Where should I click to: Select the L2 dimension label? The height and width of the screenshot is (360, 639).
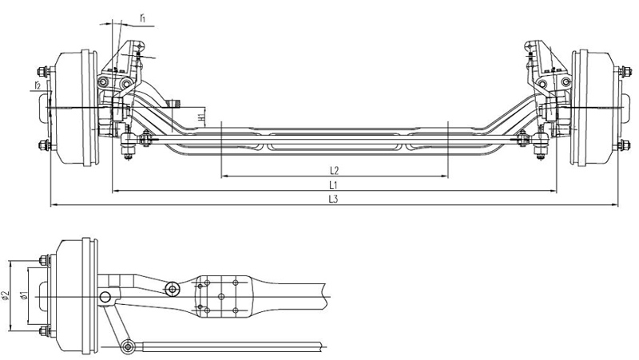pos(334,169)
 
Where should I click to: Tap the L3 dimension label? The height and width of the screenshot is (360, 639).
pos(334,200)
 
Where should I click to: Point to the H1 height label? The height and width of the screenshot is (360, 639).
pos(202,117)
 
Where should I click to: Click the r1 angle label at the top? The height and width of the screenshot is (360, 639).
pos(142,16)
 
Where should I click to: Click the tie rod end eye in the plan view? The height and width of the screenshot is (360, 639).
pos(127,346)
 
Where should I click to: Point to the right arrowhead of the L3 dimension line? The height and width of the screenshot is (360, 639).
pos(616,206)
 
